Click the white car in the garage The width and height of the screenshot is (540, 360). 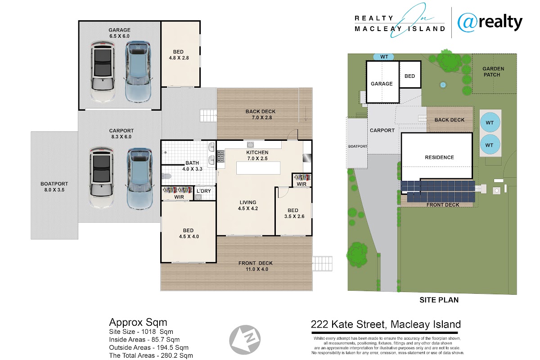point(103,72)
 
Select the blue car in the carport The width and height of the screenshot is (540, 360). point(139,179)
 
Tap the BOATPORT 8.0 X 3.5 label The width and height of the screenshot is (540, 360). point(54,187)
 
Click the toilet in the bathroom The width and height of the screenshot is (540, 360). point(167,176)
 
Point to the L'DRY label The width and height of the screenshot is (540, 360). point(204,191)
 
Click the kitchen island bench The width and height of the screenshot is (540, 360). point(258,168)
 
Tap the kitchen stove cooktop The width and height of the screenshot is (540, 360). point(220,156)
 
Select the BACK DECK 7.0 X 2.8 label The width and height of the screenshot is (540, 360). point(261,115)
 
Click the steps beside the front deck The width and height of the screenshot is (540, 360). point(322,264)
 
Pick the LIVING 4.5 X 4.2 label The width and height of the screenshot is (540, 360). point(248,206)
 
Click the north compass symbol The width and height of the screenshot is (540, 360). point(245,340)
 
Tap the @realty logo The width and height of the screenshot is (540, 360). point(490,22)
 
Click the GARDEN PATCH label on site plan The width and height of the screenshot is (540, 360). point(493,72)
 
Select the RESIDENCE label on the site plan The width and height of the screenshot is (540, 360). point(439,157)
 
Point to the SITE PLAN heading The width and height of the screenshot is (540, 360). point(439,300)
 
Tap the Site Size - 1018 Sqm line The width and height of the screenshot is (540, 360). point(141,332)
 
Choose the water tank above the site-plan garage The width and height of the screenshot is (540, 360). point(384,57)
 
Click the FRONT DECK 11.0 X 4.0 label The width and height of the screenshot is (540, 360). point(256,266)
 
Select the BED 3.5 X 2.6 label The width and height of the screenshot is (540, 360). point(294,213)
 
